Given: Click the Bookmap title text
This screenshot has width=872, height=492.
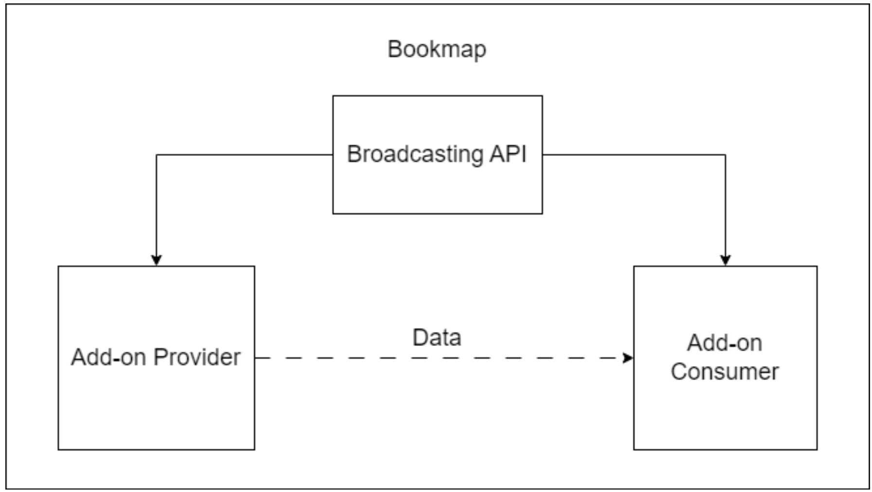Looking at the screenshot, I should [x=436, y=49].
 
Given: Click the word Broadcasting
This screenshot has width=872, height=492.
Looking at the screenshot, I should [x=415, y=154].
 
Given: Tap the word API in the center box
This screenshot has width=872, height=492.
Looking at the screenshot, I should [x=508, y=154].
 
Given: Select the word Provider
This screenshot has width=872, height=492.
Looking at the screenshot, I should [x=197, y=357].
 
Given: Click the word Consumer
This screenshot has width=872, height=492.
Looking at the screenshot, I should [x=724, y=372].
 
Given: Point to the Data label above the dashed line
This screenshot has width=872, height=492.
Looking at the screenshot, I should [x=436, y=337].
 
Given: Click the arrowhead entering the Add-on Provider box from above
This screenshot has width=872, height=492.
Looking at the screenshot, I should [x=156, y=260].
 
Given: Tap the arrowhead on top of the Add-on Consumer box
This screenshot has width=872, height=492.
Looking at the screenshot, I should [x=725, y=260].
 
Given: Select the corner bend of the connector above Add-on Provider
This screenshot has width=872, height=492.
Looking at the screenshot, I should [x=156, y=155].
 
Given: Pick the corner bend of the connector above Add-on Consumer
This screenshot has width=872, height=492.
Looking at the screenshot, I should [x=725, y=155].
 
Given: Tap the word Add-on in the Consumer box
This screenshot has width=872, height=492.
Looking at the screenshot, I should [x=724, y=343].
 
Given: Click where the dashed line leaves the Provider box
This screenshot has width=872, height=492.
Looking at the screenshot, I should [x=255, y=358].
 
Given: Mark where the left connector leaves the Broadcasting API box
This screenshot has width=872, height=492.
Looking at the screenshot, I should [x=333, y=155].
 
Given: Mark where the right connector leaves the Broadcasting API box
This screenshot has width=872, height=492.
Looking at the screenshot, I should [x=542, y=155].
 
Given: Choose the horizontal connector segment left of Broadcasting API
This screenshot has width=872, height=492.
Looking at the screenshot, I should [x=243, y=155].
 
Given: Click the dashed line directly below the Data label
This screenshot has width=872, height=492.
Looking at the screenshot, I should [x=436, y=358].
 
